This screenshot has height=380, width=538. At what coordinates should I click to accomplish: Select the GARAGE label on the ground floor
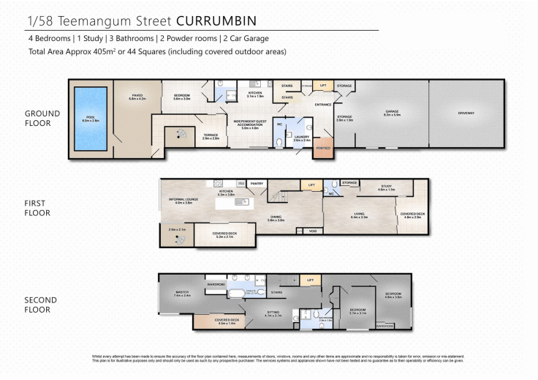(x=393, y=112)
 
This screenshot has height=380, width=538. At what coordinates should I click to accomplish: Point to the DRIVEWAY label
(x=466, y=113)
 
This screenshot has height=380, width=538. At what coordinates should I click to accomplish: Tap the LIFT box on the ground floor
(x=322, y=86)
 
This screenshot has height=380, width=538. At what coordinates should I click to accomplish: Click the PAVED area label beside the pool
(x=137, y=94)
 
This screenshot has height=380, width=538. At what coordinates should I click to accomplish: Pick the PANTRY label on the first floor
(x=257, y=184)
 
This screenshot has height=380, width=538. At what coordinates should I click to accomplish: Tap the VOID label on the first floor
(x=313, y=231)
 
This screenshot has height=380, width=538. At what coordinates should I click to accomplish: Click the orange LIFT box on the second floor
(x=311, y=280)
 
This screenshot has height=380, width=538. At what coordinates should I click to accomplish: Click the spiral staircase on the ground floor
(x=177, y=135)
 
